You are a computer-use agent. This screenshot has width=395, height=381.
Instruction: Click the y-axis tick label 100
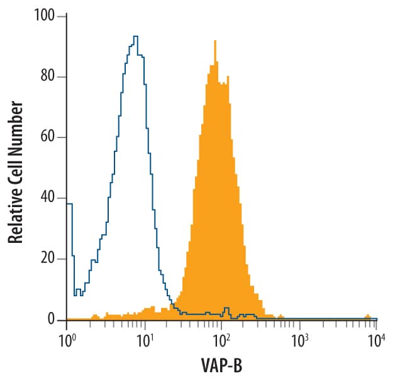click(46, 16)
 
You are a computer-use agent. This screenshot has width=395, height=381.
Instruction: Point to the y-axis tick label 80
click(48, 77)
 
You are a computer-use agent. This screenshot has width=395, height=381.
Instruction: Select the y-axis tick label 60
click(48, 137)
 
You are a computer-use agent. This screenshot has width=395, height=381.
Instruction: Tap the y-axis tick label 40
click(48, 198)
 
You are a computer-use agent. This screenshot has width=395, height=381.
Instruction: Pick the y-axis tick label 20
click(48, 259)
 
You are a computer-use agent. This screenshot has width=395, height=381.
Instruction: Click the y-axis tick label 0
click(52, 320)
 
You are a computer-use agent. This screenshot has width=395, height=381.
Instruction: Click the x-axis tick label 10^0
click(67, 340)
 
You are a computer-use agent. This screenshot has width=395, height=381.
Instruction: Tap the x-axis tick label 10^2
click(221, 340)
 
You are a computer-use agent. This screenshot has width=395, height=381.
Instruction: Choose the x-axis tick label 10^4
click(376, 340)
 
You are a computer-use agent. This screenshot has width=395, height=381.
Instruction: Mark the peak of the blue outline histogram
click(135, 36)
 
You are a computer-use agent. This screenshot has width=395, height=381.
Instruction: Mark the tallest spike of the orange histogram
click(215, 41)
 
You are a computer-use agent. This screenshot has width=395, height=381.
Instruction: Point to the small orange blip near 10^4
click(367, 316)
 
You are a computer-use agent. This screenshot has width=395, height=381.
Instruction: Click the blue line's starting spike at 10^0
click(69, 203)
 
